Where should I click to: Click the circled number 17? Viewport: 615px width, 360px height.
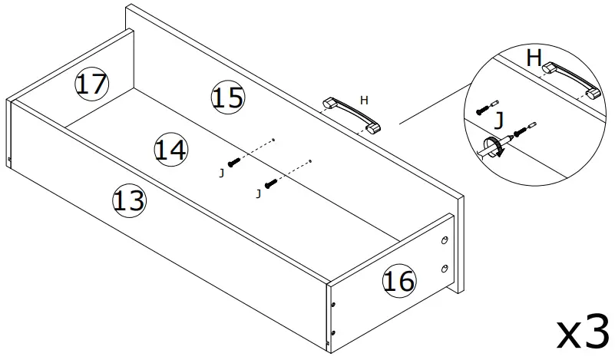(91, 83)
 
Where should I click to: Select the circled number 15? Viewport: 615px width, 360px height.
(227, 97)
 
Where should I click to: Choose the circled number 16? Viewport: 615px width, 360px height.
(399, 281)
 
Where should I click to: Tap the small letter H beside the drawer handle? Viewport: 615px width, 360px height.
(364, 99)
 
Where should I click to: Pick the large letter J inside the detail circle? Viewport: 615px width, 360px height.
(500, 121)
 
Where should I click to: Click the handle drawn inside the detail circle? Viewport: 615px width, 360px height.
(572, 80)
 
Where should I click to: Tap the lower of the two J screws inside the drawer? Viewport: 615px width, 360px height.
(270, 183)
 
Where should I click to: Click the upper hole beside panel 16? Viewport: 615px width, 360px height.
(445, 241)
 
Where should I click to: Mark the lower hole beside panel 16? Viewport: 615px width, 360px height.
(445, 268)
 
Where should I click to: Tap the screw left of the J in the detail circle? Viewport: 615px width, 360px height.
(484, 108)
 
